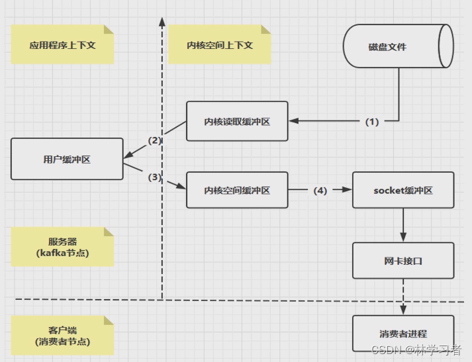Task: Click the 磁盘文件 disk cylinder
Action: pyautogui.click(x=397, y=46)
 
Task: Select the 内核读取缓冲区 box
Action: pyautogui.click(x=237, y=121)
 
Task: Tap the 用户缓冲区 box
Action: pyautogui.click(x=67, y=159)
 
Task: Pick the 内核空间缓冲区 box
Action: pyautogui.click(x=237, y=191)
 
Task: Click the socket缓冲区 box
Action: pyautogui.click(x=403, y=191)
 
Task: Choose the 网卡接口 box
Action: pyautogui.click(x=403, y=260)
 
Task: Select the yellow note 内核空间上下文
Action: pyautogui.click(x=219, y=45)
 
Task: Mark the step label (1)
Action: pyautogui.click(x=372, y=122)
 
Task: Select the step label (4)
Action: pyautogui.click(x=320, y=191)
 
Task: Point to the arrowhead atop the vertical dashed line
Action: pyautogui.click(x=162, y=23)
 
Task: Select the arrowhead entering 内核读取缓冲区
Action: pyautogui.click(x=295, y=121)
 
